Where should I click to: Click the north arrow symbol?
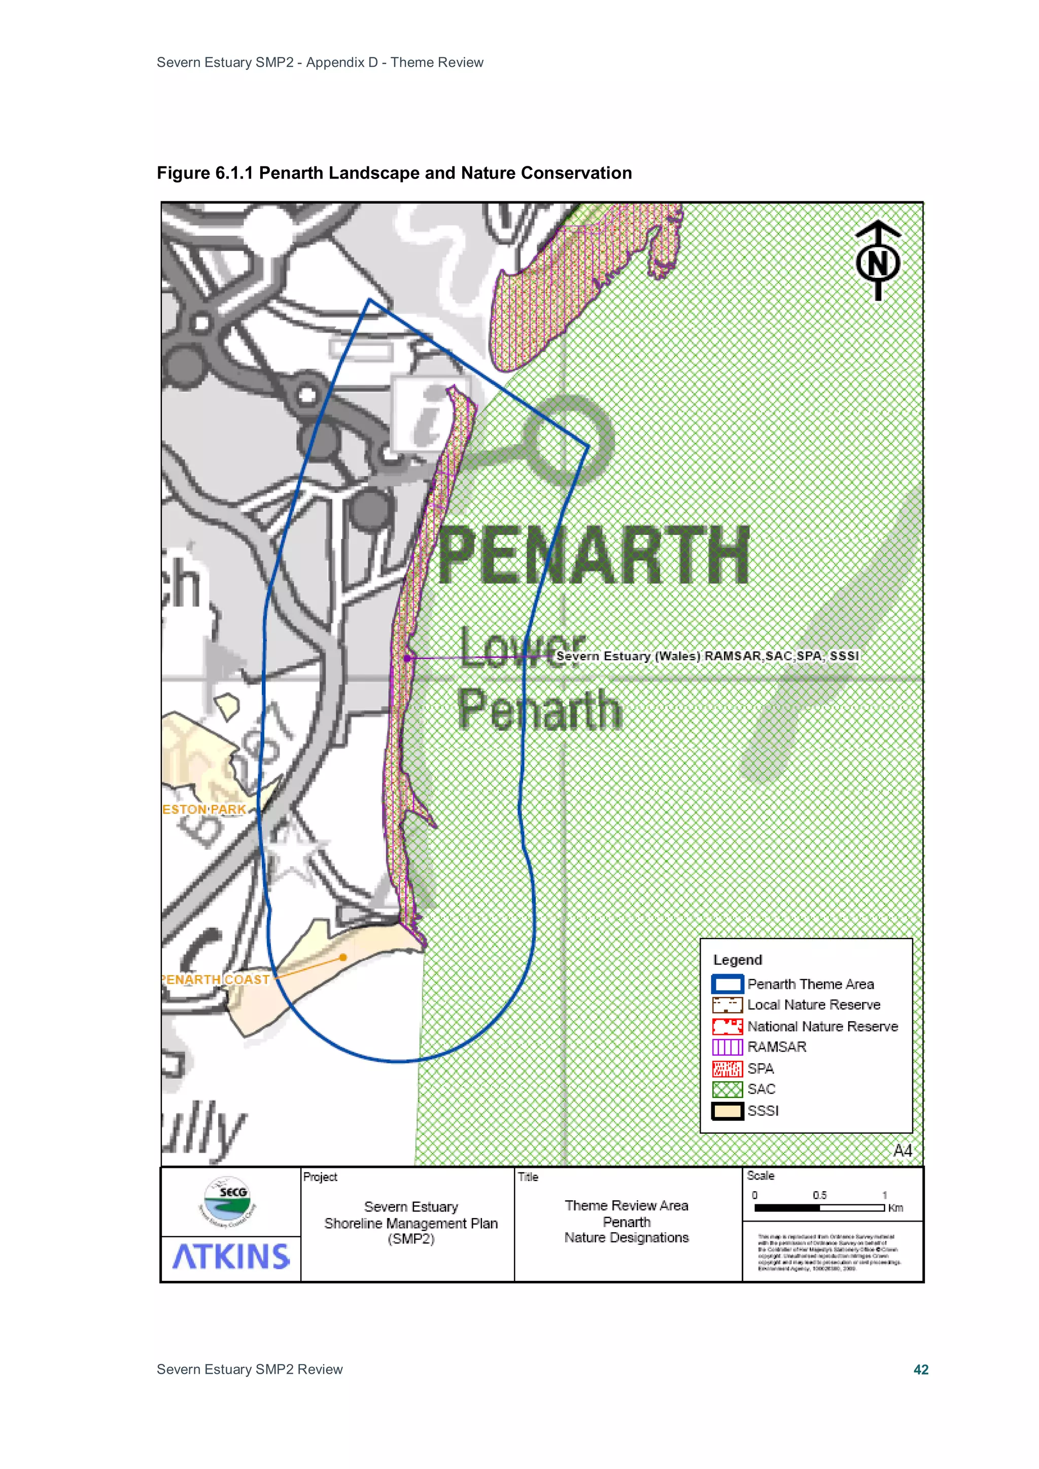pyautogui.click(x=878, y=261)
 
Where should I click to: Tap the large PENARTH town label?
pyautogui.click(x=594, y=555)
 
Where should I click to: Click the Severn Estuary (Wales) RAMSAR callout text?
pyautogui.click(x=707, y=656)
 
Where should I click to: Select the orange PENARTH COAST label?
pyautogui.click(x=215, y=980)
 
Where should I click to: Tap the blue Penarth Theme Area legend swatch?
pyautogui.click(x=727, y=984)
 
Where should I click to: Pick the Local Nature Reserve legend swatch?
pyautogui.click(x=727, y=1005)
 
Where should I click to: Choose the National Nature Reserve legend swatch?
pyautogui.click(x=727, y=1026)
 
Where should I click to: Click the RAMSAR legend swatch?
pyautogui.click(x=727, y=1048)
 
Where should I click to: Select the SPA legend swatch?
pyautogui.click(x=727, y=1068)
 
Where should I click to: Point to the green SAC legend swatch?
pyautogui.click(x=727, y=1090)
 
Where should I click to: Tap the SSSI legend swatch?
pyautogui.click(x=727, y=1110)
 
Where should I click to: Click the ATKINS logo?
pyautogui.click(x=231, y=1257)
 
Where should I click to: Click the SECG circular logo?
pyautogui.click(x=227, y=1200)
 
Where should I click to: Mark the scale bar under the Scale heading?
pyautogui.click(x=819, y=1208)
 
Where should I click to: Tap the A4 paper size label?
pyautogui.click(x=902, y=1151)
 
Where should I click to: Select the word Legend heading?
pyautogui.click(x=738, y=960)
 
